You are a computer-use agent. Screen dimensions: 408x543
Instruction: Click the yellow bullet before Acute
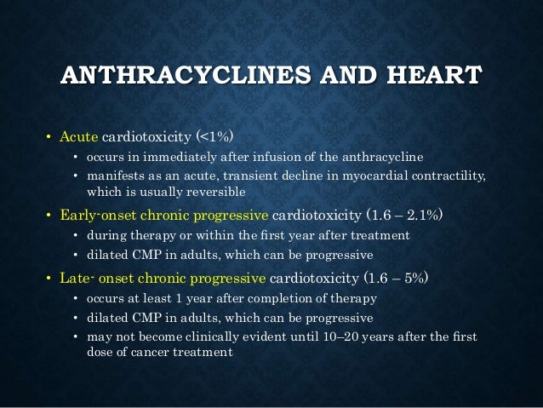[x=49, y=137]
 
